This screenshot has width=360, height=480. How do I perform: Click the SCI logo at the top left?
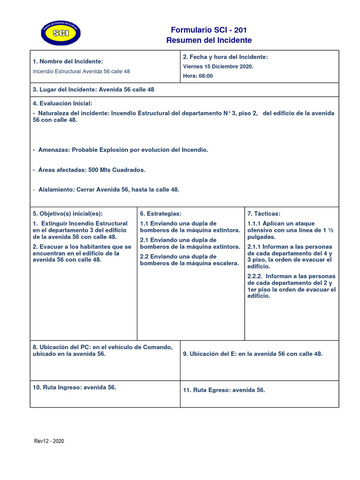click(60, 33)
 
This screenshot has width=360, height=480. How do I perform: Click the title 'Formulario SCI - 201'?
click(209, 29)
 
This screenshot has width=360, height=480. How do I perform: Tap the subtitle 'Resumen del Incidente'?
click(209, 40)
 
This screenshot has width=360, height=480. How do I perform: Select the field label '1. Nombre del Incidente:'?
click(68, 61)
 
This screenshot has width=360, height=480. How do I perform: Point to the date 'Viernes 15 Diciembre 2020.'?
click(218, 67)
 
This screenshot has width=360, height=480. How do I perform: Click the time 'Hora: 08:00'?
click(198, 76)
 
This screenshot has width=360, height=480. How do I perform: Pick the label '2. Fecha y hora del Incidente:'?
click(225, 57)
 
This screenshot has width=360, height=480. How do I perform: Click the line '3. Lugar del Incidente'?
click(93, 90)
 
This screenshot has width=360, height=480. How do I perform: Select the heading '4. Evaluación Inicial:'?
click(62, 103)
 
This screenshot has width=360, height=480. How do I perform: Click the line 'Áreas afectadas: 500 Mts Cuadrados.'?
click(89, 170)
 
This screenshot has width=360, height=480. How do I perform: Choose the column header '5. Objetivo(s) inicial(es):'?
click(67, 213)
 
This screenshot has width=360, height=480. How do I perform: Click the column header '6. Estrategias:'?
click(160, 213)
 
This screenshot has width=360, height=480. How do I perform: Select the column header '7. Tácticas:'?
click(264, 213)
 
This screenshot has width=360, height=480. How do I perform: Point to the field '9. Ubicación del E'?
click(253, 354)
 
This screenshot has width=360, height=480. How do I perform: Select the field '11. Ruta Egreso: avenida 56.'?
click(224, 390)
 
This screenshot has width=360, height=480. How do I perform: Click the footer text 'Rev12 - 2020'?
click(49, 441)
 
